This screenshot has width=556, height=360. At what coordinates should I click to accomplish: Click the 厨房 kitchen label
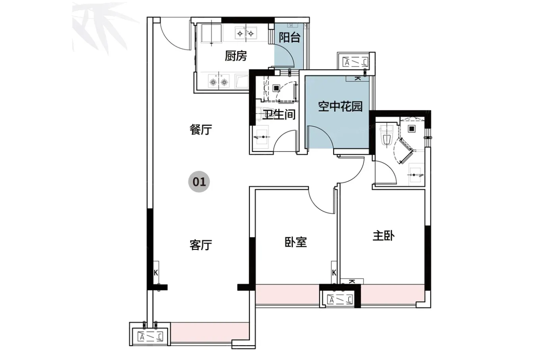coord(236,56)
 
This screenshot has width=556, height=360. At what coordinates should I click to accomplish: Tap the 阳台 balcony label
coord(290,38)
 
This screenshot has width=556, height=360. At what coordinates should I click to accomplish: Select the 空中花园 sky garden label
coord(340,106)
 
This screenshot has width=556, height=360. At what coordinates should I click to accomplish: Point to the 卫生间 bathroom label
coord(280,115)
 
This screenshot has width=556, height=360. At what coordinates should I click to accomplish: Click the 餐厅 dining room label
coord(201,129)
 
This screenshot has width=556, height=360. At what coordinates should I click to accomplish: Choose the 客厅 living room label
coord(201,245)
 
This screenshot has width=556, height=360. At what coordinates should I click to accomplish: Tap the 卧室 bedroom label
coord(295,242)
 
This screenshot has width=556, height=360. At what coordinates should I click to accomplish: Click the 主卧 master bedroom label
coord(384,236)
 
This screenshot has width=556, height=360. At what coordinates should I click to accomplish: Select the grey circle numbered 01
coord(199,182)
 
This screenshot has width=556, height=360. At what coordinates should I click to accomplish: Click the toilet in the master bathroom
coord(387,135)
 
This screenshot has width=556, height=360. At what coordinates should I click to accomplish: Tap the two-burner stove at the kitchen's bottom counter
coord(219,82)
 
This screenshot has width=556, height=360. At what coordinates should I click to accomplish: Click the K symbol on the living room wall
coord(156,273)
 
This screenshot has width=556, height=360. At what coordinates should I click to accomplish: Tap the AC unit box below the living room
coord(151,337)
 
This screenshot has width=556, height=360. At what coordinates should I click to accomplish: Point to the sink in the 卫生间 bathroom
coord(261,137)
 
